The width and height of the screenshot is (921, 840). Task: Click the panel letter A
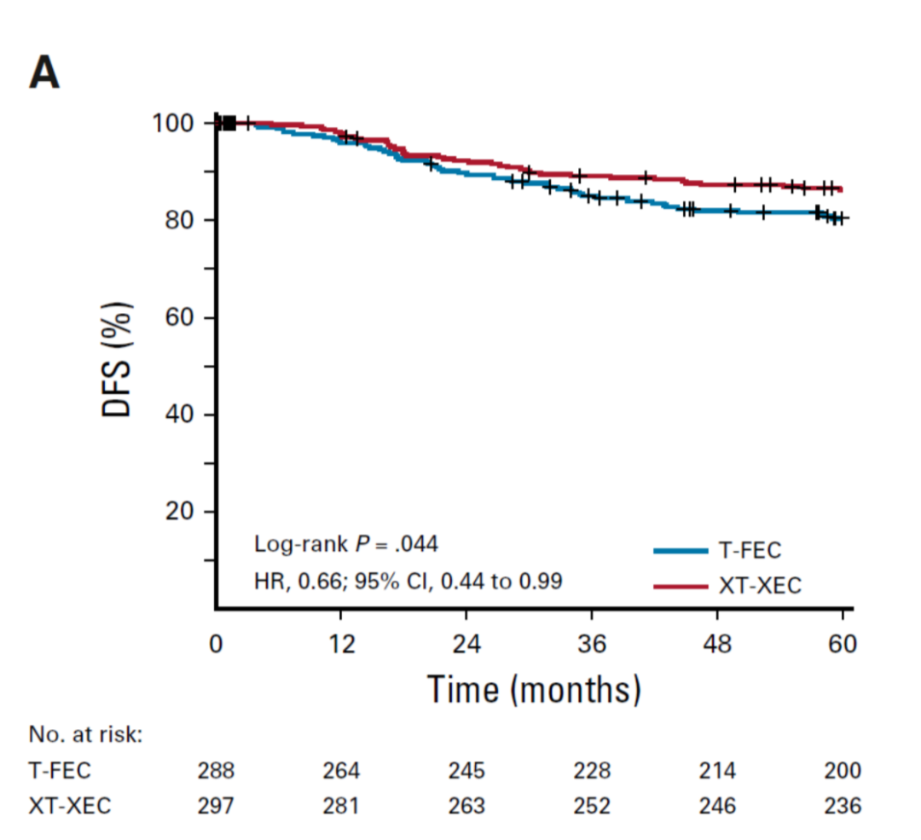(x=44, y=73)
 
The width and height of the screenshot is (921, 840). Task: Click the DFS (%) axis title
(x=118, y=359)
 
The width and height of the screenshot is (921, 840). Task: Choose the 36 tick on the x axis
(x=592, y=644)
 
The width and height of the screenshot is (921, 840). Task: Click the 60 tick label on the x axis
(x=843, y=644)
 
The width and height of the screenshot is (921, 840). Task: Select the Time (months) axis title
(x=533, y=687)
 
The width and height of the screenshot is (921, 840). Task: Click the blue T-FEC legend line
(x=681, y=551)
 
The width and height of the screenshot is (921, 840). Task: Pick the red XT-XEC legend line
(x=681, y=587)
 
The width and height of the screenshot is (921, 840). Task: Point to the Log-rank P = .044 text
(x=346, y=544)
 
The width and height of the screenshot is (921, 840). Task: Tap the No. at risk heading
(x=85, y=735)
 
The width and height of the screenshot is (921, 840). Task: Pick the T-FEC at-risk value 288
(x=216, y=771)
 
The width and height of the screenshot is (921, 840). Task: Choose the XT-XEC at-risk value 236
(x=843, y=806)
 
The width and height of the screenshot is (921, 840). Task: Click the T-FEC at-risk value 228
(x=592, y=771)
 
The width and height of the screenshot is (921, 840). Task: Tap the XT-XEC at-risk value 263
(x=466, y=806)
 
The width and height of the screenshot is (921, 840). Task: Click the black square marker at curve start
(x=229, y=124)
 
